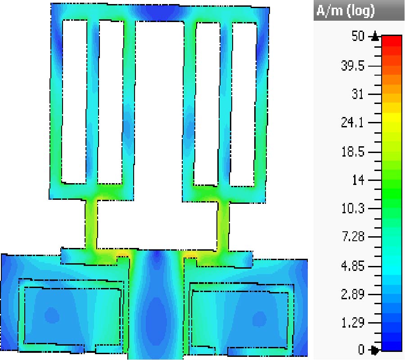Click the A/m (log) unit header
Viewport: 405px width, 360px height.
pos(345,11)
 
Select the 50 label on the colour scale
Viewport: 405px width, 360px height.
pos(358,36)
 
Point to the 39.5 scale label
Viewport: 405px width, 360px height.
pos(352,66)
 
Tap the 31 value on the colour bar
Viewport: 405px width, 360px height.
pos(358,94)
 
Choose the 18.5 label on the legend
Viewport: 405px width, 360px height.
pos(353,152)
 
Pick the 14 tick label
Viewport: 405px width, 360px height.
pos(359,180)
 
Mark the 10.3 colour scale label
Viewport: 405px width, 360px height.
pos(353,208)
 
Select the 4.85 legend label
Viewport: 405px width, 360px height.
pos(353,266)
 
